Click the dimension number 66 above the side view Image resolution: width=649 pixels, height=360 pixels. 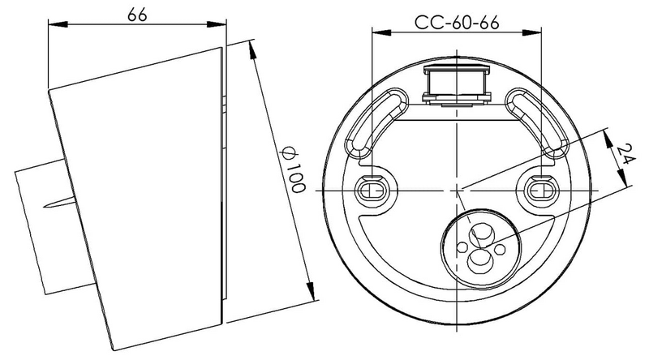pyautogui.click(x=136, y=14)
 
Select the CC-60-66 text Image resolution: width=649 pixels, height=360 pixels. pyautogui.click(x=457, y=21)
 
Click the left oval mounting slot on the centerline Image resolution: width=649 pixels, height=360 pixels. pyautogui.click(x=374, y=190)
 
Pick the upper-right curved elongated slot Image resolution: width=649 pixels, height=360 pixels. pyautogui.click(x=536, y=122)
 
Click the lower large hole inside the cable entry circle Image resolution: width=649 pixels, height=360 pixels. pyautogui.click(x=480, y=259)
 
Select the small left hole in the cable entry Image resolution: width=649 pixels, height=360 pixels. pyautogui.click(x=462, y=244)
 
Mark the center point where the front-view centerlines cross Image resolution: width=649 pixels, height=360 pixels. pyautogui.click(x=458, y=190)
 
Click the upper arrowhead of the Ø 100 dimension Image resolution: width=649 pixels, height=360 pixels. pyautogui.click(x=253, y=47)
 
